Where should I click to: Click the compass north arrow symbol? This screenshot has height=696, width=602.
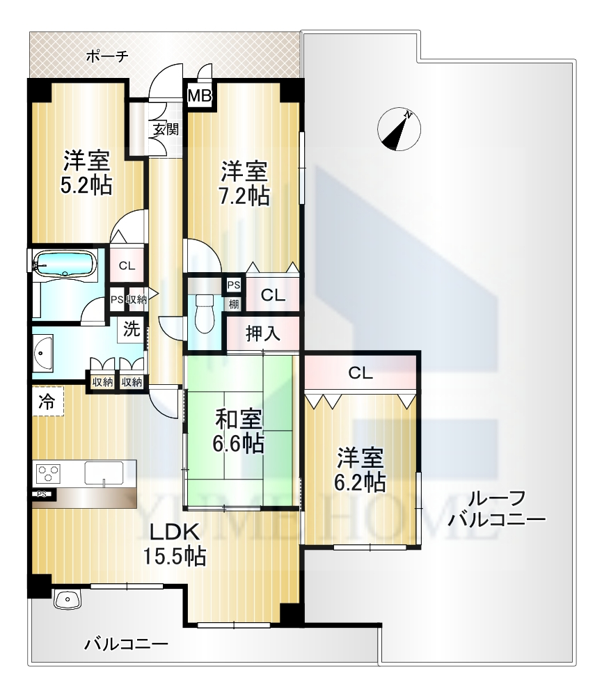coord(399,129)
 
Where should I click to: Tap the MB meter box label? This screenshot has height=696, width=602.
coord(199,96)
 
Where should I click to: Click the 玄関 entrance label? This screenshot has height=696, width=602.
coord(166,129)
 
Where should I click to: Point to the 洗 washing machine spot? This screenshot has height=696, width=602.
coord(132,329)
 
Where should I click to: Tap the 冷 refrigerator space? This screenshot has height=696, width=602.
coord(47,402)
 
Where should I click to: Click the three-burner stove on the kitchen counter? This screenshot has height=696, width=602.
coord(48,473)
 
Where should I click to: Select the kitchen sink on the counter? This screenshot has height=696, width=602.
coord(104,473)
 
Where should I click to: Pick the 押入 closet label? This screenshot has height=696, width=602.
coord(263,333)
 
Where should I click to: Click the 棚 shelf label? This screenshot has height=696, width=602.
coord(234,304)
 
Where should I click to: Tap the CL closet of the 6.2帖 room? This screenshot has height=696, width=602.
coord(361,373)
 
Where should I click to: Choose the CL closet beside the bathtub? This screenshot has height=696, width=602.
coord(127,265)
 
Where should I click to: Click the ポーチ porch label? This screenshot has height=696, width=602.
coord(107,56)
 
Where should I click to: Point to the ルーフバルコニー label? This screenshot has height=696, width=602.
coord(496,508)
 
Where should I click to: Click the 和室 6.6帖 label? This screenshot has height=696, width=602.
coord(239,432)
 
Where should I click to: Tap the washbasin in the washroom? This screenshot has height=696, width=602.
coord(42,354)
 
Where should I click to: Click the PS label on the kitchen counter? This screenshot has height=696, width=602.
coord(42,494)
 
